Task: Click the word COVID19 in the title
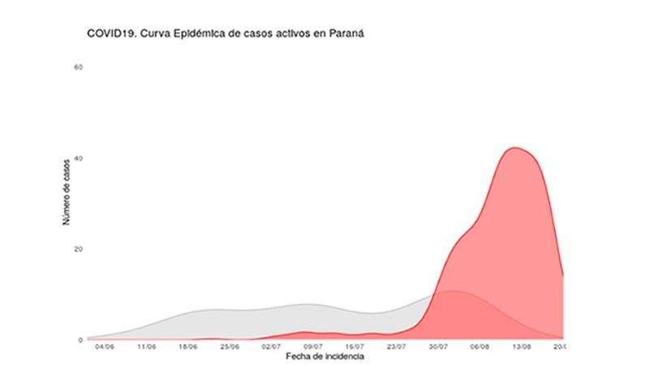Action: tap(110, 34)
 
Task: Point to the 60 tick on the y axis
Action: tap(79, 67)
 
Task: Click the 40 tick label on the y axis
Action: tap(79, 158)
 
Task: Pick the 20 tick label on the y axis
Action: tap(79, 249)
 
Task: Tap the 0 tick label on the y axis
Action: tap(80, 340)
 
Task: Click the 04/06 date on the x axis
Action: tap(105, 347)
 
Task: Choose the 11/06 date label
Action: tap(147, 347)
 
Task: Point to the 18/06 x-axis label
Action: tap(188, 347)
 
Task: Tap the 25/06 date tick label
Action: tap(230, 347)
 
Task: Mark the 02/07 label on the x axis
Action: tap(272, 347)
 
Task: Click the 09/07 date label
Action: tap(313, 347)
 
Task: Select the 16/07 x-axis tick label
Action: tap(355, 347)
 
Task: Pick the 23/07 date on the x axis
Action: tap(397, 347)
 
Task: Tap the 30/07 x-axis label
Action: tap(438, 347)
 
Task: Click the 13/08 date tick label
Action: tap(522, 347)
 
